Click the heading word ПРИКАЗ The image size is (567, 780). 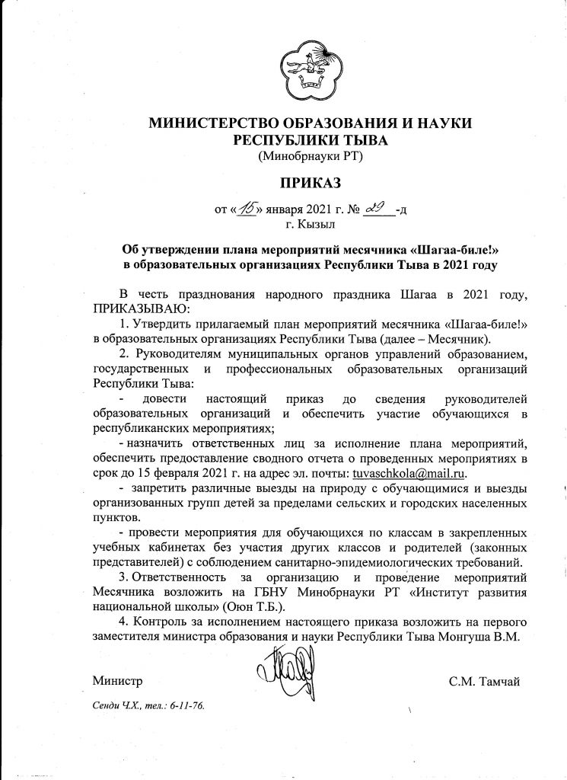click(x=304, y=183)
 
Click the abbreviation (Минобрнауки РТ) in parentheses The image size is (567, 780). click(x=304, y=158)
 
